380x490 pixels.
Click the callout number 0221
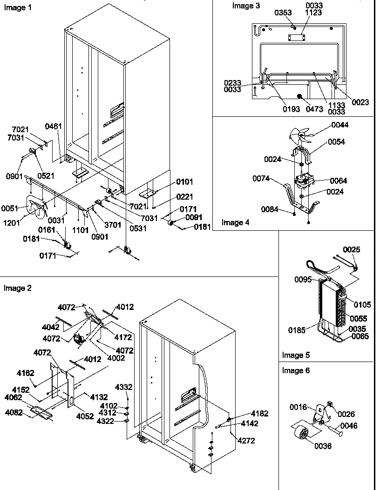coord(184,197)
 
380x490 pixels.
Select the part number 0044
coord(340,125)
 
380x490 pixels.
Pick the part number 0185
coord(297,330)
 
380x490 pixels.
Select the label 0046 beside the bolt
coord(348,426)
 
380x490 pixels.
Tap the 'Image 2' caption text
coord(18,288)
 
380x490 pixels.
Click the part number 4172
coord(123,337)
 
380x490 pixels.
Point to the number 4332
coord(124,387)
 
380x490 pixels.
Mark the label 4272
coord(246,441)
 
